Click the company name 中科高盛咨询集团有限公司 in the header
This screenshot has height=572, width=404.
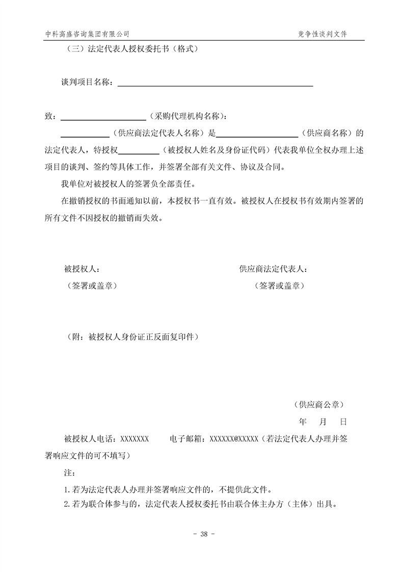click(x=87, y=34)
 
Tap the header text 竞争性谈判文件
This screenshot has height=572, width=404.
click(x=322, y=34)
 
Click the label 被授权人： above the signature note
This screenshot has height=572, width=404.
click(x=82, y=269)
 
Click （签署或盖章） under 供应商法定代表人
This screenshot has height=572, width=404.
click(x=280, y=286)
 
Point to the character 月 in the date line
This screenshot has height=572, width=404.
click(x=322, y=422)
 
